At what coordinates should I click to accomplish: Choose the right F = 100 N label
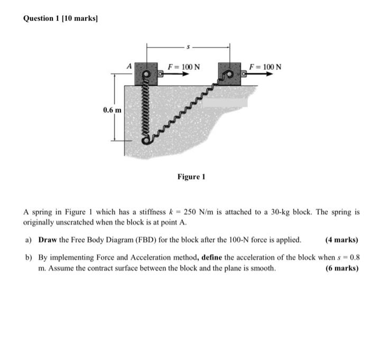coord(265,67)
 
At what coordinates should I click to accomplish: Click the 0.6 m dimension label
coord(112,110)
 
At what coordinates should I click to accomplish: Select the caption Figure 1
coord(191,177)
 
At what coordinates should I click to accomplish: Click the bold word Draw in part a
coord(48,239)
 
